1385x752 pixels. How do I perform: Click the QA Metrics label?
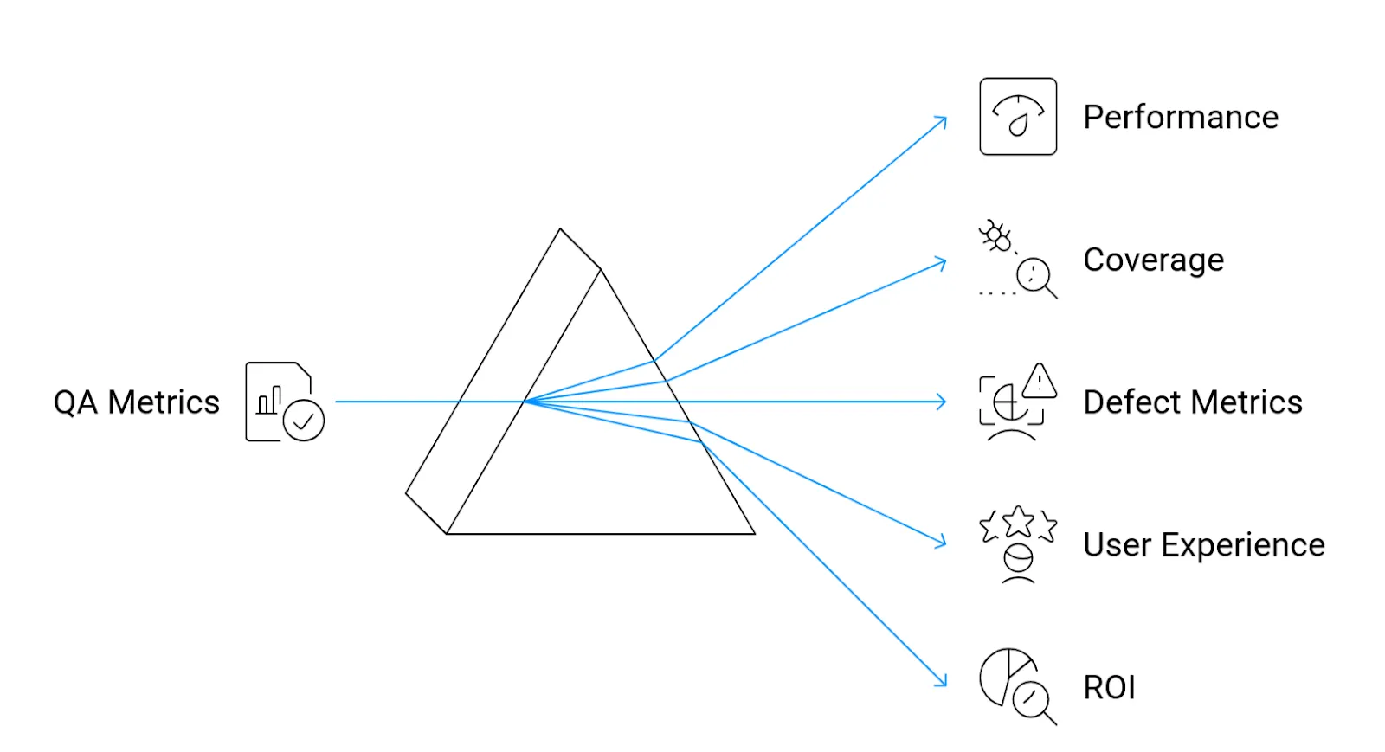coord(137,402)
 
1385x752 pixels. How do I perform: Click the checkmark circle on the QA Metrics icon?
coord(304,421)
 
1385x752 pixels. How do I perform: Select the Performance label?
coord(1181,117)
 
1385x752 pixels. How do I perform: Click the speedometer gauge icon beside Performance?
coord(1018,117)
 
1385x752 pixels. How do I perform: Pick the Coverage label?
coord(1153,260)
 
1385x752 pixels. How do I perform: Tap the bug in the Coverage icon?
coord(996,236)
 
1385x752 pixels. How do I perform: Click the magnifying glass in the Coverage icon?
coord(1035,277)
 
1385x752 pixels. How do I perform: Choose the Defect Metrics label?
coord(1192,402)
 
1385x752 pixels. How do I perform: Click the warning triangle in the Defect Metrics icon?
coord(1039,381)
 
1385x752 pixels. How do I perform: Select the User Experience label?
coord(1203,545)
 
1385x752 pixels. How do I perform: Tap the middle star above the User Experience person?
coord(1018,521)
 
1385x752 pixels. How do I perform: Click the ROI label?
coord(1109,688)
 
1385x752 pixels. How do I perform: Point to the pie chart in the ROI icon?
coord(1004,675)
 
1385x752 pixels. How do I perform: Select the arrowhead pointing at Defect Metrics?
coord(943,402)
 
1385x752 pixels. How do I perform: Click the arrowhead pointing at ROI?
coord(943,683)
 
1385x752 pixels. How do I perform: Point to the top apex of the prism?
coord(560,229)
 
